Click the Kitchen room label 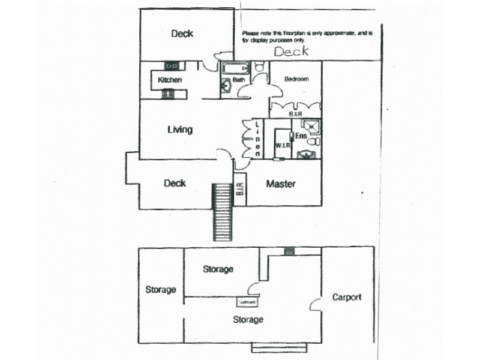(x=170, y=80)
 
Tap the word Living (x=180, y=130)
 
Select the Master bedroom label (x=281, y=184)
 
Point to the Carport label (x=347, y=297)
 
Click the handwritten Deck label (x=291, y=52)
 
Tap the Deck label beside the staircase (x=175, y=184)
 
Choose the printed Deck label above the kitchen (x=182, y=34)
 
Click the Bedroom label (x=296, y=79)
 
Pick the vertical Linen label (x=257, y=139)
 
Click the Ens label (x=301, y=137)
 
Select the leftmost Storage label (x=161, y=290)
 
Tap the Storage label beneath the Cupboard (x=248, y=320)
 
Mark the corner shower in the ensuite (x=311, y=127)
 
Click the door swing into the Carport (x=315, y=303)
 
